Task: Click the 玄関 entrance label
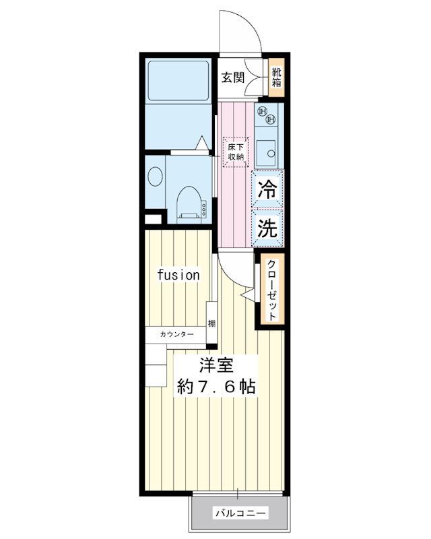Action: pyautogui.click(x=233, y=77)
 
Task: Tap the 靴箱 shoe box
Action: pyautogui.click(x=276, y=77)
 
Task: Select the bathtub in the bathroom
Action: pyautogui.click(x=178, y=81)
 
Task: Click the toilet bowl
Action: pyautogui.click(x=191, y=203)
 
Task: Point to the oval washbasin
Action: pyautogui.click(x=155, y=177)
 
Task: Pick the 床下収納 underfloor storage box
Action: pyautogui.click(x=236, y=152)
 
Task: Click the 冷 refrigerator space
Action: pyautogui.click(x=267, y=189)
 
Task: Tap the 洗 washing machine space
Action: pyautogui.click(x=267, y=228)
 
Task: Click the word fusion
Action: pyautogui.click(x=178, y=275)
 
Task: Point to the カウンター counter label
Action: pyautogui.click(x=176, y=334)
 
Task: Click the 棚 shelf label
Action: pyautogui.click(x=211, y=323)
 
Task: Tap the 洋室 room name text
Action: pyautogui.click(x=216, y=365)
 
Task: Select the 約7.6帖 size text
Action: pyautogui.click(x=216, y=387)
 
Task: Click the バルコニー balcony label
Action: pyautogui.click(x=240, y=513)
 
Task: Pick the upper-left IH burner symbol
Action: pyautogui.click(x=262, y=111)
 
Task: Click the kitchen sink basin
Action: pyautogui.click(x=266, y=153)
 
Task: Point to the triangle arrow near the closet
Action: pyautogui.click(x=249, y=294)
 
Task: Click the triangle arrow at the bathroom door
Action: pyautogui.click(x=203, y=143)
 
